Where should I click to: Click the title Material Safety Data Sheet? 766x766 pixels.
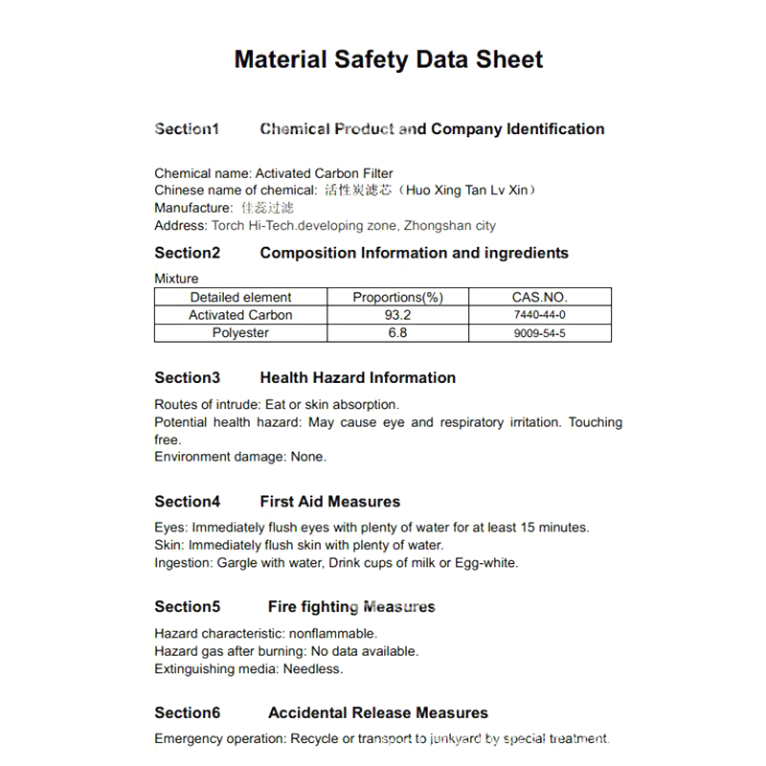click(389, 59)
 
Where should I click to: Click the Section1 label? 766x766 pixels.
click(187, 129)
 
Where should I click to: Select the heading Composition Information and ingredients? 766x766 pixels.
click(414, 253)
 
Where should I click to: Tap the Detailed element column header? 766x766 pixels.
click(240, 297)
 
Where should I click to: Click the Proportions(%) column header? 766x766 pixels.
click(397, 297)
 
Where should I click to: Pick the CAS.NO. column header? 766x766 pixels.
click(540, 297)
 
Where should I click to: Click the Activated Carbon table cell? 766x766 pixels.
click(240, 315)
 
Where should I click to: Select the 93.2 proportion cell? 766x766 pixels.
click(397, 315)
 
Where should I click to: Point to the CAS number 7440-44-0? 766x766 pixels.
click(540, 315)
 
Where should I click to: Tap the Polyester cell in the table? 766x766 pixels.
click(240, 333)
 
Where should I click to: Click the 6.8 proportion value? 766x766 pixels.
click(397, 333)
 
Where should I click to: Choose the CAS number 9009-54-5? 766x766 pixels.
click(540, 333)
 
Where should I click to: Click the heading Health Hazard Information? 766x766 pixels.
click(357, 377)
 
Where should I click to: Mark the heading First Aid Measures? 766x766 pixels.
click(329, 502)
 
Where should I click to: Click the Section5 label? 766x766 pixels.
click(187, 607)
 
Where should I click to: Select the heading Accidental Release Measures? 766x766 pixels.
click(377, 713)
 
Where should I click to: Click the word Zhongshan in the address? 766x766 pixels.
click(435, 226)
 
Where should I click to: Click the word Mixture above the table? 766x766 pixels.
click(176, 279)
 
